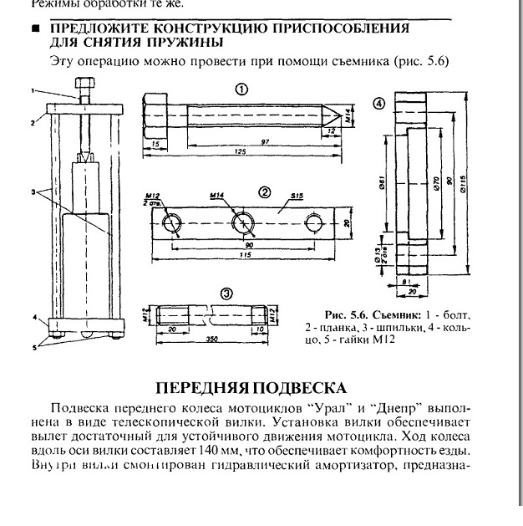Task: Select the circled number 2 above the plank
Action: pyautogui.click(x=265, y=192)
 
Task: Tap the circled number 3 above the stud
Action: pyautogui.click(x=226, y=294)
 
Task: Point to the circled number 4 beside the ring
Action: pyautogui.click(x=379, y=104)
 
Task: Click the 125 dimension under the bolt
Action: pyautogui.click(x=241, y=151)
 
